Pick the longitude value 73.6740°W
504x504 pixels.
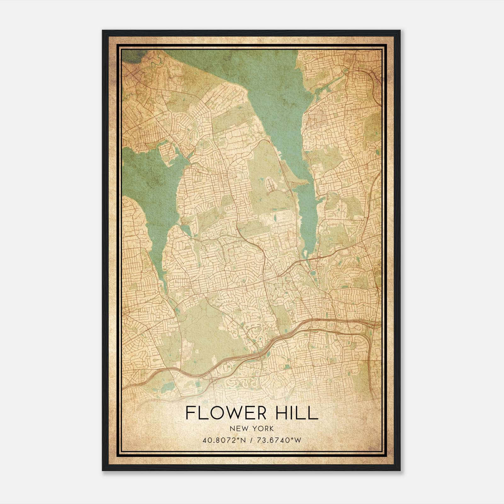(x=280, y=440)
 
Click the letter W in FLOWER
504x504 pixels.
(x=229, y=413)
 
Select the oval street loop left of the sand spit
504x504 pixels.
(x=270, y=184)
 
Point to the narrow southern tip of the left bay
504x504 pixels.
(x=164, y=283)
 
